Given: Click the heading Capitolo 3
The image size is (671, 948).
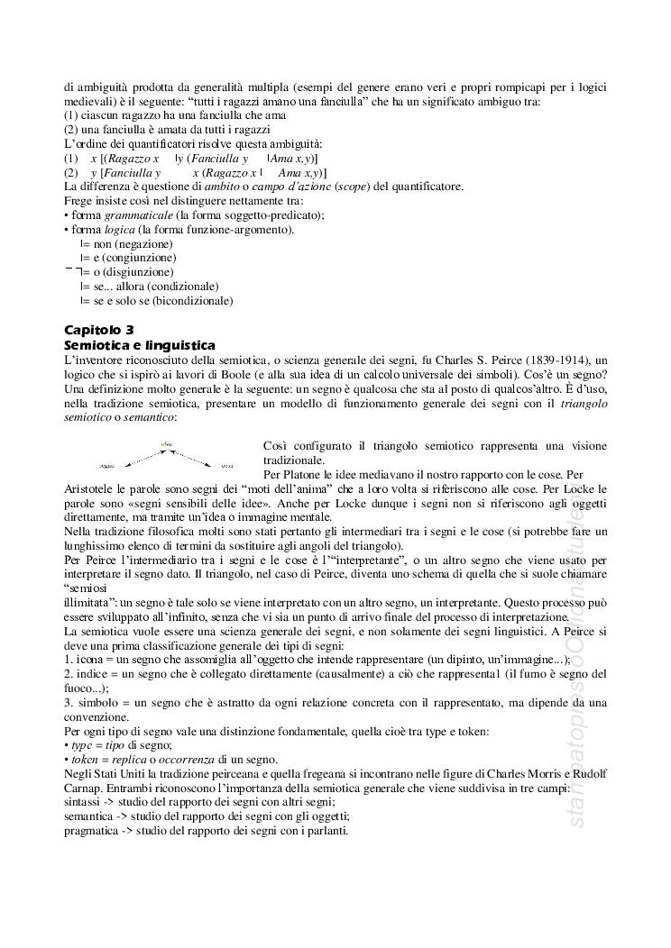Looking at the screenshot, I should tap(99, 331).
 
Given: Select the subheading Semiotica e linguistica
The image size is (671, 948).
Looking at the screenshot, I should tap(139, 344).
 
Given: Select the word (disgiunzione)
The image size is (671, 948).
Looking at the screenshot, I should tap(140, 272).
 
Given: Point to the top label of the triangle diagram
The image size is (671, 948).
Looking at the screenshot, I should tap(165, 444).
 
